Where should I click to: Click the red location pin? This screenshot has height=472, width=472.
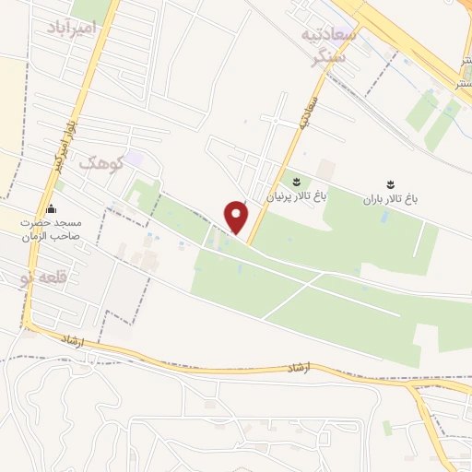[x=237, y=217]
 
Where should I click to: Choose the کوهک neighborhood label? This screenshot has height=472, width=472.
[x=100, y=162]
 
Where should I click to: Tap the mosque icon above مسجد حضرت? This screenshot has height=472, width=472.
[x=51, y=208]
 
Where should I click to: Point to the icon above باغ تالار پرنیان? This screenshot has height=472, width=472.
[x=297, y=182]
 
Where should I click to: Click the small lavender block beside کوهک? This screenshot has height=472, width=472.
[x=135, y=159]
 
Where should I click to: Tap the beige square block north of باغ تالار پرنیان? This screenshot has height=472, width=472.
[x=326, y=169]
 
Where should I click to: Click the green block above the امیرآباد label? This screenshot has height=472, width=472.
[x=90, y=8]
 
